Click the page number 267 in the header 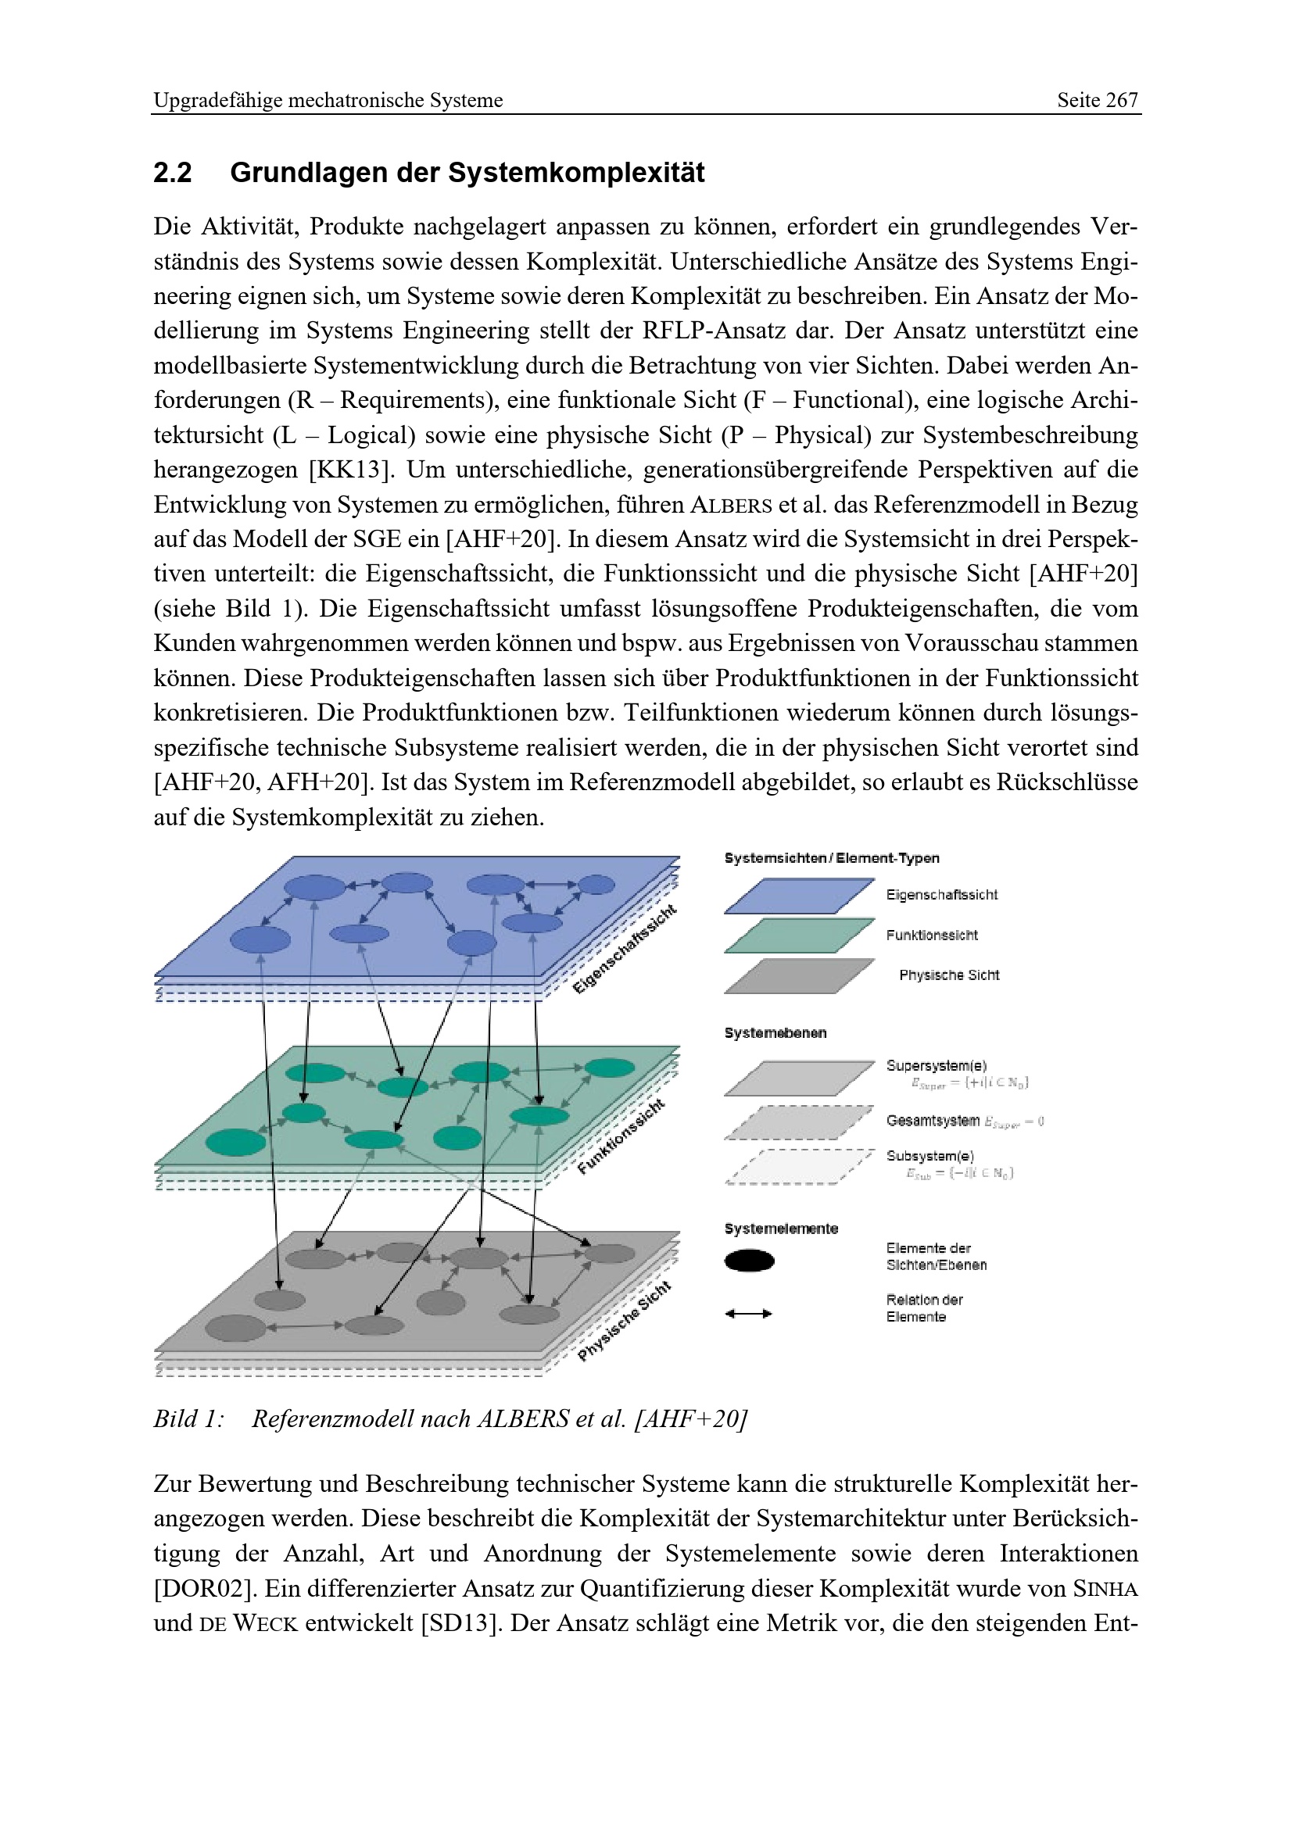pyautogui.click(x=1121, y=100)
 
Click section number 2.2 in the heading pyautogui.click(x=173, y=173)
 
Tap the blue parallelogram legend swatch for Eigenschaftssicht pyautogui.click(x=799, y=896)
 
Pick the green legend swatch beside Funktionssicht pyautogui.click(x=799, y=935)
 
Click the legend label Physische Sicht pyautogui.click(x=949, y=975)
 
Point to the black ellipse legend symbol pyautogui.click(x=749, y=1261)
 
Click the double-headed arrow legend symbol pyautogui.click(x=748, y=1314)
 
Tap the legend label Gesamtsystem pyautogui.click(x=933, y=1121)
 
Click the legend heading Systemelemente pyautogui.click(x=781, y=1229)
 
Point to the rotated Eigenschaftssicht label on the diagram pyautogui.click(x=625, y=949)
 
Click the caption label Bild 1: pyautogui.click(x=188, y=1418)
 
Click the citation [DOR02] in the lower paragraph pyautogui.click(x=203, y=1589)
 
